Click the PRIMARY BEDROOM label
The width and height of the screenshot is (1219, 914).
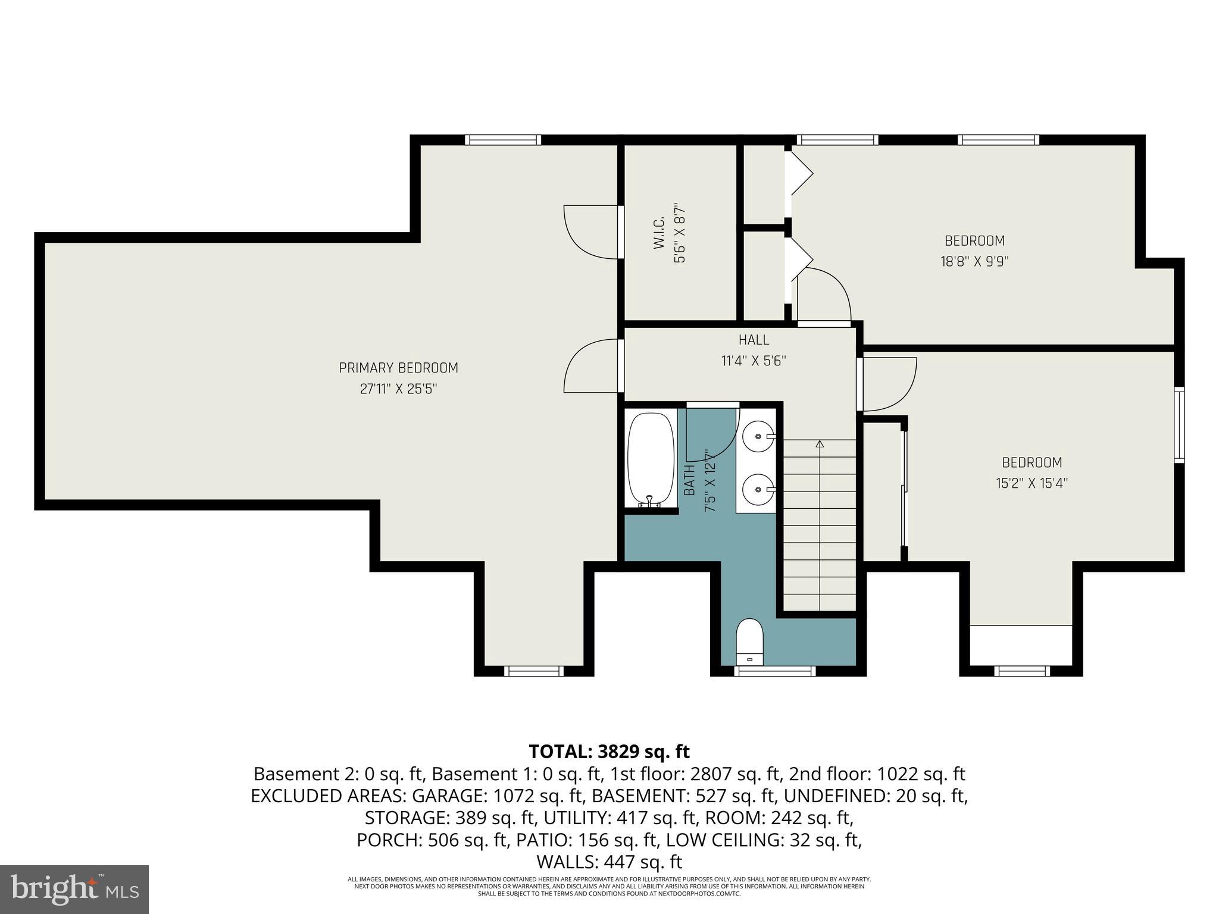click(398, 368)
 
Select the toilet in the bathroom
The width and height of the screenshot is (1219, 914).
click(749, 642)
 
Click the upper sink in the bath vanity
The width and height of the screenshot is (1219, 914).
click(758, 436)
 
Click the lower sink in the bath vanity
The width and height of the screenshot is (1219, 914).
click(758, 490)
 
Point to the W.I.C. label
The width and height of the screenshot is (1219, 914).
click(659, 235)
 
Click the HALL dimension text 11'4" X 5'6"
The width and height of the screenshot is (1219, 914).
click(754, 361)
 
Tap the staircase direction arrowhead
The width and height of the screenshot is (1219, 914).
click(820, 444)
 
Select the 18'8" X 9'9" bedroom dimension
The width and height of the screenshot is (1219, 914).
click(974, 261)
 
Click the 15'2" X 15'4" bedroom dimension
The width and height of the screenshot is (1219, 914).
click(1032, 483)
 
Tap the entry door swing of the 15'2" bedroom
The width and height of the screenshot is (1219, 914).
click(888, 383)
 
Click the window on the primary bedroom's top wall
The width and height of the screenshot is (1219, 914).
click(502, 140)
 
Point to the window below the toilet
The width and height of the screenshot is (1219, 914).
click(774, 671)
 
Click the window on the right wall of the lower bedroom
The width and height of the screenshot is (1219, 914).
click(1179, 424)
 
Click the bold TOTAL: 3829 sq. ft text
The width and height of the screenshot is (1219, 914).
click(609, 752)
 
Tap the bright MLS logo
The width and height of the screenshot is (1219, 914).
click(74, 889)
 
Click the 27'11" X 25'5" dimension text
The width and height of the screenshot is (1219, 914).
click(398, 389)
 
